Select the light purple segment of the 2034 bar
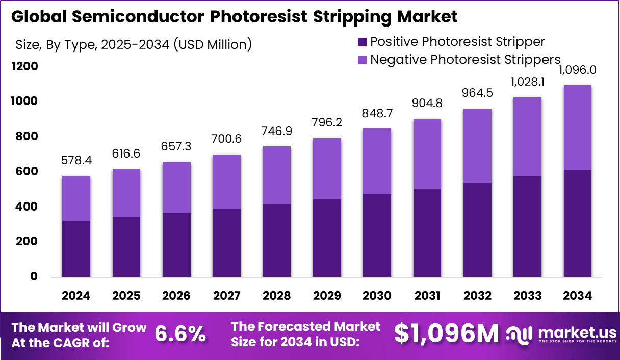click(577, 127)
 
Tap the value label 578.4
click(76, 161)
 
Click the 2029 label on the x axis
click(327, 296)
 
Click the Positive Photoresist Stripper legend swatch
click(361, 41)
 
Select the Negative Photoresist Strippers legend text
click(465, 59)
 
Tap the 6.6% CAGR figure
click(180, 334)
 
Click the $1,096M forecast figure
click(446, 334)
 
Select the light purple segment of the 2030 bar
click(377, 161)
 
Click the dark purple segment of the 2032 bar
click(477, 230)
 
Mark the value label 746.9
click(276, 131)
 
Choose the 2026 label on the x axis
click(176, 296)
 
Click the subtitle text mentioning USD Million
click(134, 45)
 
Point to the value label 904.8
click(427, 104)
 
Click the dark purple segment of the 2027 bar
click(226, 243)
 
